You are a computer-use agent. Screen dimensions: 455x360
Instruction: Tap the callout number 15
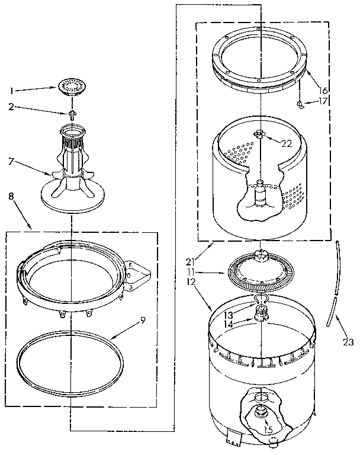(268, 430)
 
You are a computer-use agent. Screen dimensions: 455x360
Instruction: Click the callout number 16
(322, 90)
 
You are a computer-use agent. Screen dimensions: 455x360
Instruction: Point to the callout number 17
(322, 101)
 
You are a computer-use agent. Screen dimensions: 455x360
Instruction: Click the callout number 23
(348, 341)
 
